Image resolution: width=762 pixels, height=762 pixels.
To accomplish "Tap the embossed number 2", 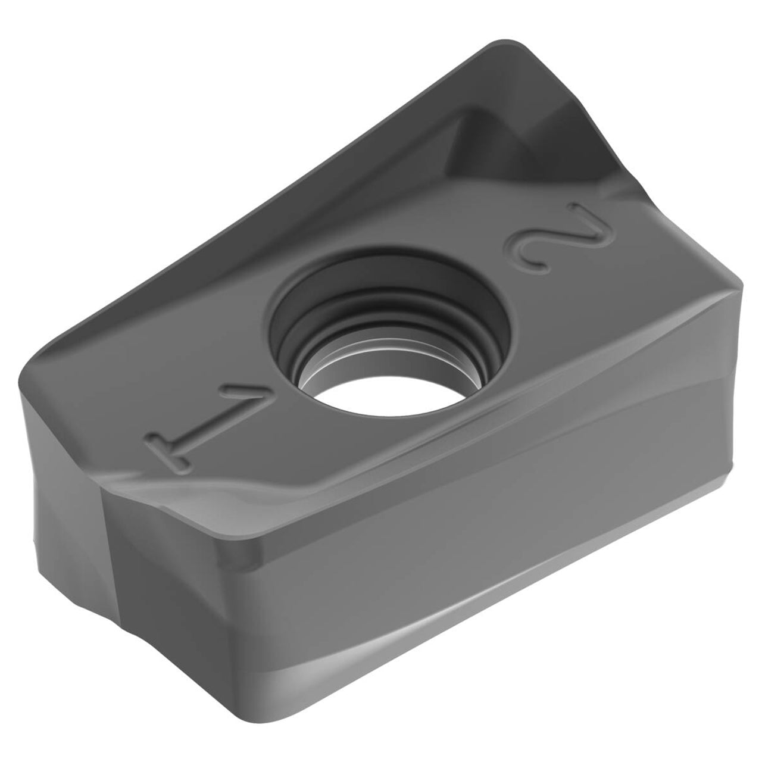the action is click(558, 238).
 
